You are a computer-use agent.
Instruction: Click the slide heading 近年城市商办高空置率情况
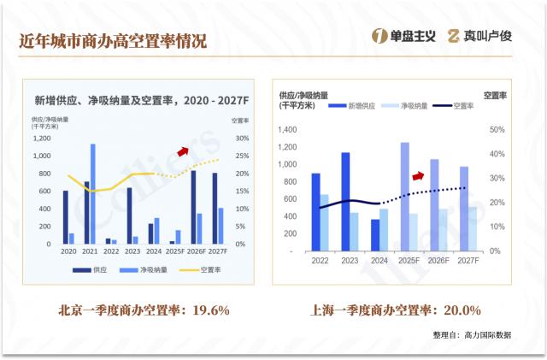point(113,40)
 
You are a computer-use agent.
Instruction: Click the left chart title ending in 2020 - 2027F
point(141,100)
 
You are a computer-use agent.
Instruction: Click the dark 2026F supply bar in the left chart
point(193,207)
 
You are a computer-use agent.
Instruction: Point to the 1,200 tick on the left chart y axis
point(41,139)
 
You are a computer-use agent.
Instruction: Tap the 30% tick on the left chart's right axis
point(241,139)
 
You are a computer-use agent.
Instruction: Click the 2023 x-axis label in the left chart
point(132,252)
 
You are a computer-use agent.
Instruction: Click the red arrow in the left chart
point(182,150)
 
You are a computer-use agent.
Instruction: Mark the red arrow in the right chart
point(418,175)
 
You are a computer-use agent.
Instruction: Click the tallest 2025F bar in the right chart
point(404,197)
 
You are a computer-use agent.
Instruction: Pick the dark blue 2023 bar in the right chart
point(345,202)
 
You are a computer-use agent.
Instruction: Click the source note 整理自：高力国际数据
point(472,334)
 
